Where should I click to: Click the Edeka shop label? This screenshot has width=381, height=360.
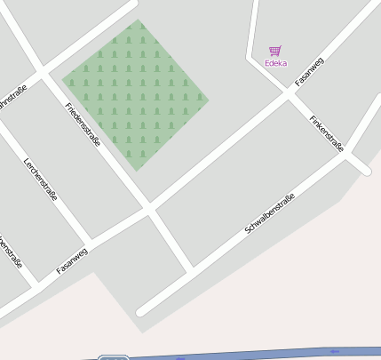pyautogui.click(x=275, y=63)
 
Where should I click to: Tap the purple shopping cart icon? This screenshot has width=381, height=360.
pyautogui.click(x=274, y=51)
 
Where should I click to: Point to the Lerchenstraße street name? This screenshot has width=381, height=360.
pyautogui.click(x=41, y=179)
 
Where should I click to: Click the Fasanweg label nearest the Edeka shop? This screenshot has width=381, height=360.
pyautogui.click(x=309, y=70)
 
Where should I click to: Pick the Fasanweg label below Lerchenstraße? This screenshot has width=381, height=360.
pyautogui.click(x=72, y=260)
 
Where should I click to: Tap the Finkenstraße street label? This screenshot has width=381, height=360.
pyautogui.click(x=326, y=133)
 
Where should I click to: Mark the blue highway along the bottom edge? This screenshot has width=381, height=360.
pyautogui.click(x=266, y=354)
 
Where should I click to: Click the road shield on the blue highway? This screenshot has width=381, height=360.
pyautogui.click(x=113, y=357)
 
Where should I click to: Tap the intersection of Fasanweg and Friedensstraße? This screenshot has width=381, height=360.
pyautogui.click(x=149, y=210)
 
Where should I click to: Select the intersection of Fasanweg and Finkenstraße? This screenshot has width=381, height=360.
pyautogui.click(x=290, y=90)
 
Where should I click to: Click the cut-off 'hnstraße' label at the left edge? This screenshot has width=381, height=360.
pyautogui.click(x=12, y=96)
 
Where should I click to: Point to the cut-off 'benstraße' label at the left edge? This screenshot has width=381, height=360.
pyautogui.click(x=11, y=252)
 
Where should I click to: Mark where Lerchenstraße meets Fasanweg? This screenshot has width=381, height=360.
pyautogui.click(x=89, y=244)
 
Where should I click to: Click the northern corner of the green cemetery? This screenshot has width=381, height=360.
pyautogui.click(x=139, y=20)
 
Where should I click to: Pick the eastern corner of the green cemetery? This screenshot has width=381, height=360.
pyautogui.click(x=209, y=99)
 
